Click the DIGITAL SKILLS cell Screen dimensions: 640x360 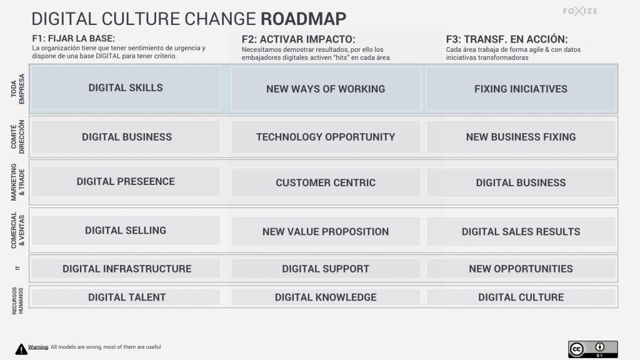[x=126, y=87]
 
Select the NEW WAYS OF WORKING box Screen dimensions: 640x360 [x=326, y=89]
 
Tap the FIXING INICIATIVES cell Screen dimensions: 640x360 [x=521, y=89]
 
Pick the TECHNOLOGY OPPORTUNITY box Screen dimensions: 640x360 [x=326, y=137]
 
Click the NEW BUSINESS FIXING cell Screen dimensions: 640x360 [x=521, y=137]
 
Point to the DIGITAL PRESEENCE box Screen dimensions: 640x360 [x=126, y=182]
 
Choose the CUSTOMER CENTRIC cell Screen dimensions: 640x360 [x=326, y=182]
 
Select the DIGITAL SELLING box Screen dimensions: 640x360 [x=126, y=230]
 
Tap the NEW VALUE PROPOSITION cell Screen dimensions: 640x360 [x=326, y=231]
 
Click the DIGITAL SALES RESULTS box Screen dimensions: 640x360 [x=521, y=231]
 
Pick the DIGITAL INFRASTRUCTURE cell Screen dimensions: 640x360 [x=126, y=269]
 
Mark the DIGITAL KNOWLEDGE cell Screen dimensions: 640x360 [x=326, y=297]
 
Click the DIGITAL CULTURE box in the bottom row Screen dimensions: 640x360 [x=521, y=297]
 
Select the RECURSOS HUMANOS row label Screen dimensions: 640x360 [x=17, y=301]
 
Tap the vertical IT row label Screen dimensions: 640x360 [x=17, y=268]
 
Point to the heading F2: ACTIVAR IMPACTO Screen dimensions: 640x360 [x=298, y=39]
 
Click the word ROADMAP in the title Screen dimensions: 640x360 [x=303, y=19]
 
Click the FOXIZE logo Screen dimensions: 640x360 [x=580, y=11]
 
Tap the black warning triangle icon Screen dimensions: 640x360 [x=21, y=349]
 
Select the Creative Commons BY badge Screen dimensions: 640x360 [x=592, y=349]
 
